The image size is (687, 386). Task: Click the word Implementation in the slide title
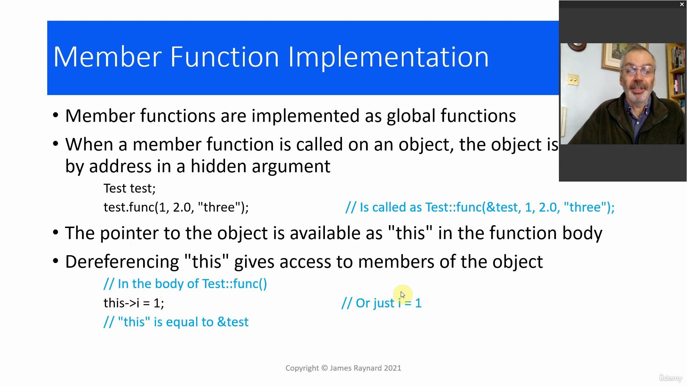tap(388, 57)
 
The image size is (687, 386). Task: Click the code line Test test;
tap(130, 188)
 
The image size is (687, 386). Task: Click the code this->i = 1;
tap(134, 303)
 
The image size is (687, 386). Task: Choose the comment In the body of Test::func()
tap(185, 284)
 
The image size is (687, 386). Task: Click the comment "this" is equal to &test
tap(176, 322)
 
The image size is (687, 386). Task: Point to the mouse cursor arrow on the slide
tap(403, 295)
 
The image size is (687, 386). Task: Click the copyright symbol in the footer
tap(325, 368)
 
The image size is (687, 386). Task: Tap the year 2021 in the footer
tap(393, 368)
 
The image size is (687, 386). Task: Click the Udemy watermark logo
tap(671, 378)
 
